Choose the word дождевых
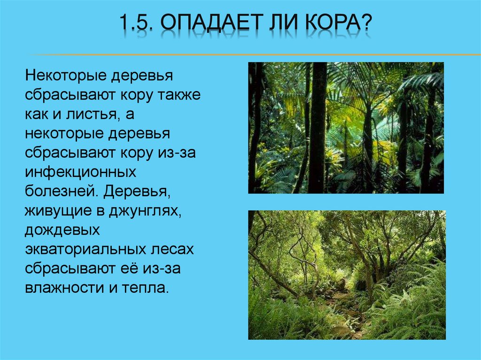63,230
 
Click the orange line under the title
240,55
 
